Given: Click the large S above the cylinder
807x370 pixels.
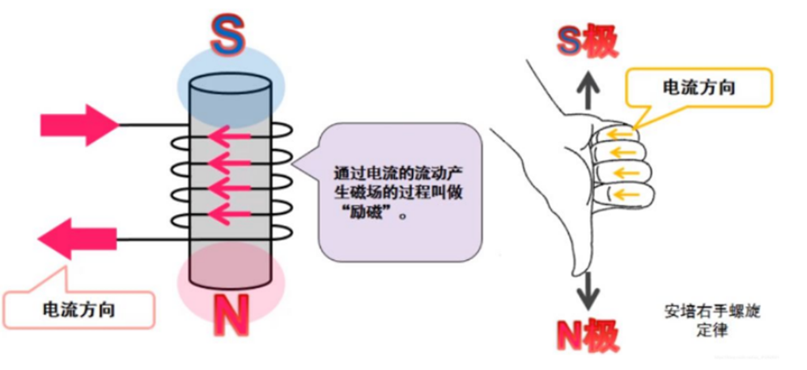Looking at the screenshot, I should pos(229,34).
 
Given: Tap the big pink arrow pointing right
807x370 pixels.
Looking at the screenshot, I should pos(79,123).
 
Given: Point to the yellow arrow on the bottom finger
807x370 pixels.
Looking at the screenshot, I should pos(622,194).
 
